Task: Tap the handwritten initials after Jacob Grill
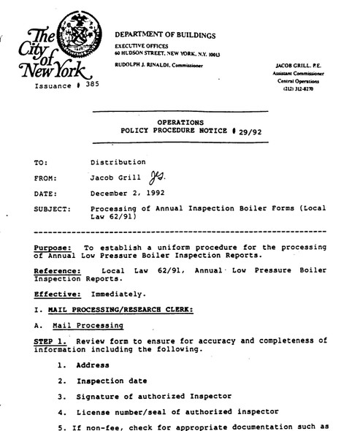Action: tap(156, 178)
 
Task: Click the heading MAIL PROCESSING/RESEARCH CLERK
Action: tap(116, 310)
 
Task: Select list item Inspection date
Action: tap(113, 381)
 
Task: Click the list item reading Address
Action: tap(93, 365)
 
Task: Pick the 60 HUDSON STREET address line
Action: tap(161, 53)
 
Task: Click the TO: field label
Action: tap(41, 162)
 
